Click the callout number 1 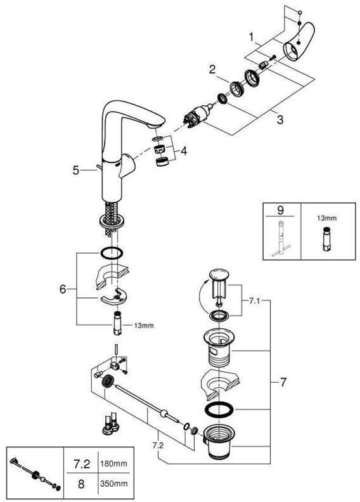click(x=252, y=37)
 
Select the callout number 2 click(x=212, y=69)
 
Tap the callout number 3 click(x=280, y=120)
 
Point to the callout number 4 click(x=184, y=151)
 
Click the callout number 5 click(x=76, y=171)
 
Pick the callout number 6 click(x=63, y=289)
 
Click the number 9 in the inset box click(x=280, y=210)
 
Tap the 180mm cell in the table click(x=113, y=463)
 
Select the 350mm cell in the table click(x=113, y=483)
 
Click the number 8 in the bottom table click(x=81, y=484)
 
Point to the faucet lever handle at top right click(x=299, y=42)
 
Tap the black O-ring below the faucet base click(x=112, y=253)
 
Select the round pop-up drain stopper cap click(x=219, y=274)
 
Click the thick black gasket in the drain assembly click(x=219, y=410)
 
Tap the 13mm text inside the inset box click(x=326, y=218)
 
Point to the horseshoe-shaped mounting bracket click(x=112, y=298)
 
